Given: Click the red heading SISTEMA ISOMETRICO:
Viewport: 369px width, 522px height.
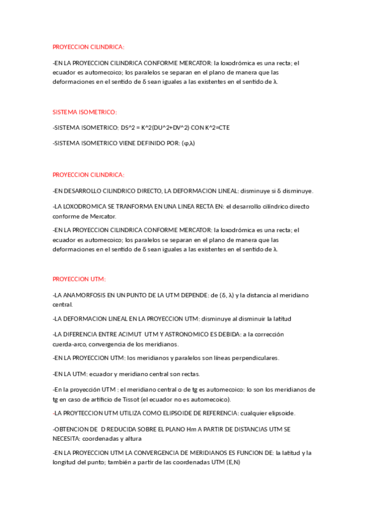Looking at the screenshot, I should click(x=84, y=112).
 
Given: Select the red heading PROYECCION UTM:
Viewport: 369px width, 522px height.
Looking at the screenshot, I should click(x=79, y=279).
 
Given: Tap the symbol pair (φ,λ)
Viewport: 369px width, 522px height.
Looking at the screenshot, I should click(x=188, y=143).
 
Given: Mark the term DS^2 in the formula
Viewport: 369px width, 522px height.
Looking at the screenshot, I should click(x=128, y=127).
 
